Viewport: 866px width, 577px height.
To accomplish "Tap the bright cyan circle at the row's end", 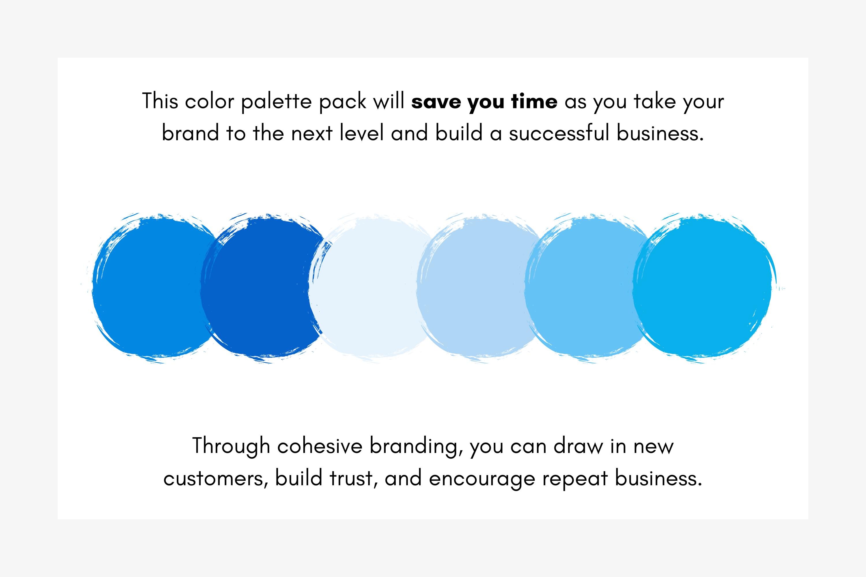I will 701,289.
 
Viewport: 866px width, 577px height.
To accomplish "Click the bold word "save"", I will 436,102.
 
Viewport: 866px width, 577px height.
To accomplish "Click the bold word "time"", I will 534,102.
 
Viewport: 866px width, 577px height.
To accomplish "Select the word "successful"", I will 559,133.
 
